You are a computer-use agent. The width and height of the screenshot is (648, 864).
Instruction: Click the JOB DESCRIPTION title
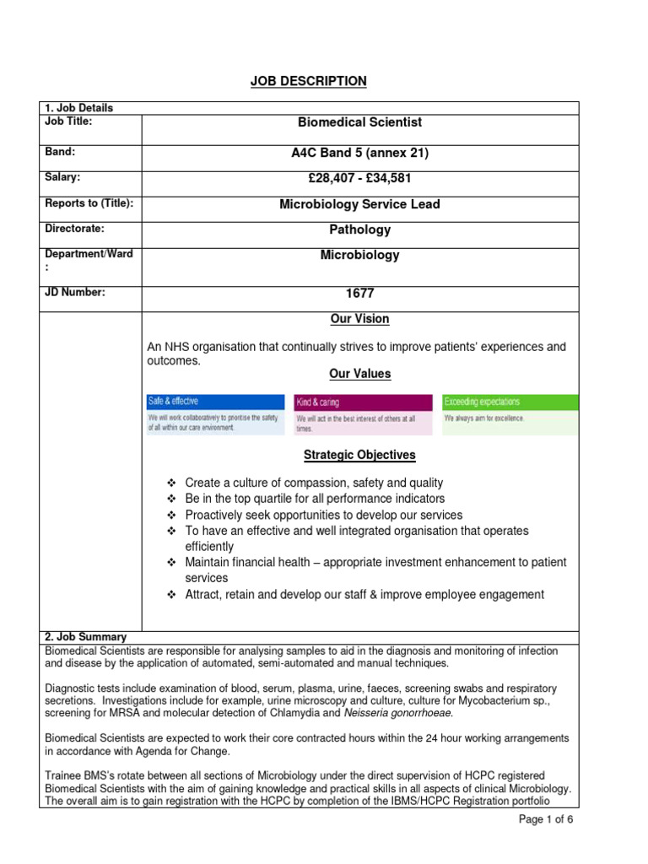[x=308, y=81]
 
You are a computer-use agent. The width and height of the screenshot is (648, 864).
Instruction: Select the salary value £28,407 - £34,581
[x=359, y=178]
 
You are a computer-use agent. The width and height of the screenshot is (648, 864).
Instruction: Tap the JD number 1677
[x=359, y=294]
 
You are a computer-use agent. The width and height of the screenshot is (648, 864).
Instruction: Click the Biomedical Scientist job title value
[x=359, y=122]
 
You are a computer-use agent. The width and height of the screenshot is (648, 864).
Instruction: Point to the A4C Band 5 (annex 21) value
[x=359, y=153]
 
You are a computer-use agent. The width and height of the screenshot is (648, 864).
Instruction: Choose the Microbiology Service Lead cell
[x=359, y=204]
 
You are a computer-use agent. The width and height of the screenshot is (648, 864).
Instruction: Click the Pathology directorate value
[x=359, y=229]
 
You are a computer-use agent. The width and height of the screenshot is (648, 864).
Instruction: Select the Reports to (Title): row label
[x=89, y=203]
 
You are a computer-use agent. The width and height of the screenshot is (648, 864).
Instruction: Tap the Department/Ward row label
[x=89, y=254]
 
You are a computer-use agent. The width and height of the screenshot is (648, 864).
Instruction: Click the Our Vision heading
[x=359, y=319]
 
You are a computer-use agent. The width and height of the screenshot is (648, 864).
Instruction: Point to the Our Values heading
[x=359, y=373]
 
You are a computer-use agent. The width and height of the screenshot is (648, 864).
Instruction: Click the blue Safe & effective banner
[x=215, y=402]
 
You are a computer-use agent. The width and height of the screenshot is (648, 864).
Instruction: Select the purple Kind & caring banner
[x=362, y=402]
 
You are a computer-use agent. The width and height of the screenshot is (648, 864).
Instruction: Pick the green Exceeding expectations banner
[x=510, y=402]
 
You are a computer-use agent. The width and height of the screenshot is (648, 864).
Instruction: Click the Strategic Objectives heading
[x=359, y=455]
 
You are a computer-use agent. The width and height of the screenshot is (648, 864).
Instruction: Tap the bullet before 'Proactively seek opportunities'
[x=171, y=515]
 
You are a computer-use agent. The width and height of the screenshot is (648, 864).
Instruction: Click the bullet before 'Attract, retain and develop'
[x=171, y=595]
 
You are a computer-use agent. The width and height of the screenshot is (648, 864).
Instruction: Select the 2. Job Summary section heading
[x=84, y=637]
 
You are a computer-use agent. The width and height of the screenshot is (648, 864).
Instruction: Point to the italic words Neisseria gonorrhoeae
[x=397, y=713]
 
